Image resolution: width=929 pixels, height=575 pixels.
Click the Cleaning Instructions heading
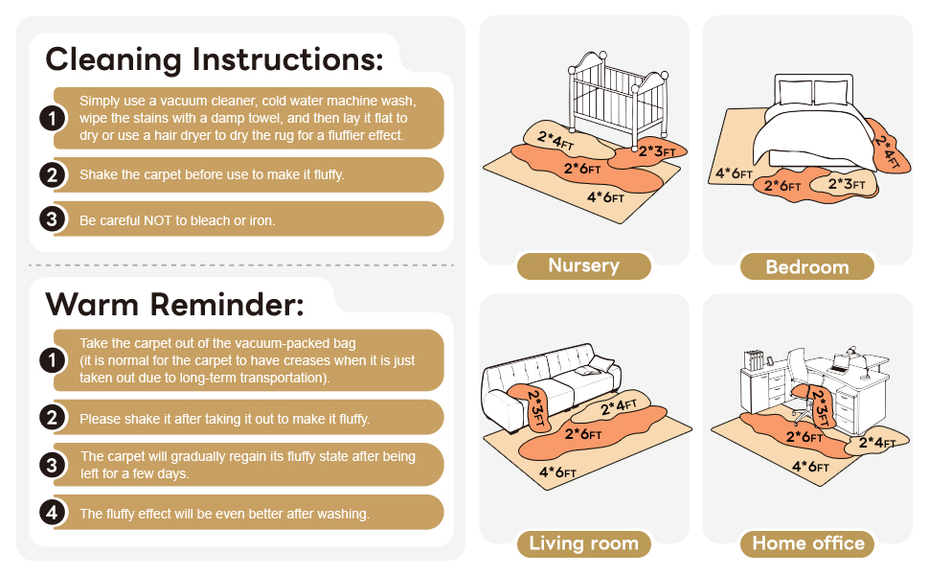pyautogui.click(x=215, y=59)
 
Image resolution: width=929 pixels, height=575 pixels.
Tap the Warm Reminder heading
pyautogui.click(x=174, y=305)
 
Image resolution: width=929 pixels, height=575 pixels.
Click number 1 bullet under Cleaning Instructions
pyautogui.click(x=52, y=118)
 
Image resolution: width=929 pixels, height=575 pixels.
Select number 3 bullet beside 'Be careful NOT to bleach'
pyautogui.click(x=52, y=218)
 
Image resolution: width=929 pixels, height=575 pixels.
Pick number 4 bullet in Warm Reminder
pyautogui.click(x=52, y=512)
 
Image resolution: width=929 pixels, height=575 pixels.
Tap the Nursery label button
pyautogui.click(x=583, y=265)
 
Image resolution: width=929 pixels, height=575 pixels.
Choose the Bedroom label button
pyautogui.click(x=807, y=266)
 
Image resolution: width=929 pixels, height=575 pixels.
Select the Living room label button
pyautogui.click(x=583, y=543)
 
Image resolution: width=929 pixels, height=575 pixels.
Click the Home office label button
pyautogui.click(x=807, y=543)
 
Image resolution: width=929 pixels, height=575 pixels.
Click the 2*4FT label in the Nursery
pyautogui.click(x=555, y=141)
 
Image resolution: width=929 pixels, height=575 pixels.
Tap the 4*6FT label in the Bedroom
pyautogui.click(x=734, y=173)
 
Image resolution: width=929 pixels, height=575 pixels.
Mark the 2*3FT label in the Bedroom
pyautogui.click(x=847, y=184)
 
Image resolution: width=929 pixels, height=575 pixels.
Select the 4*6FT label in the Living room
pyautogui.click(x=557, y=472)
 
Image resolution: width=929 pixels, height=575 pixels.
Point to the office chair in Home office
pyautogui.click(x=803, y=385)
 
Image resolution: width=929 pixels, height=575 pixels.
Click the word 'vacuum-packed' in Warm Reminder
pyautogui.click(x=309, y=344)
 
